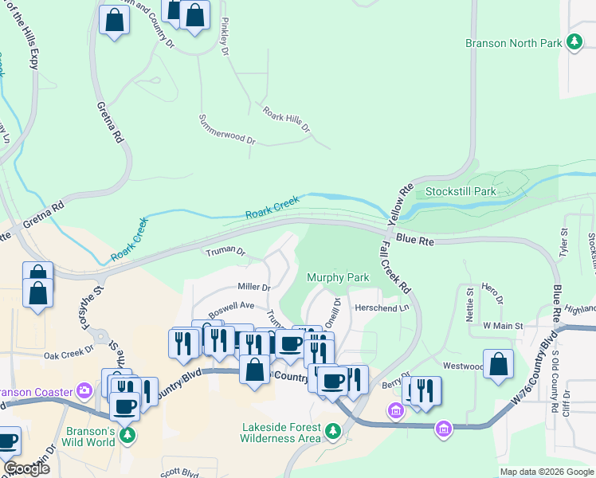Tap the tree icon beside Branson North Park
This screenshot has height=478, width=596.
tap(574, 43)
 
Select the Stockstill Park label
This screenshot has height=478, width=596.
tap(461, 191)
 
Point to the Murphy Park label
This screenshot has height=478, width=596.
tap(339, 277)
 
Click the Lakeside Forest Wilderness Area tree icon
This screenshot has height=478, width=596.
tap(332, 433)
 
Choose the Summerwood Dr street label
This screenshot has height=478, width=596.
tap(226, 139)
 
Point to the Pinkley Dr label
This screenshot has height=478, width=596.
tap(225, 36)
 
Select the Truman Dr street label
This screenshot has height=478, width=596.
tap(225, 252)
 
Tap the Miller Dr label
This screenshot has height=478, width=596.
tap(254, 287)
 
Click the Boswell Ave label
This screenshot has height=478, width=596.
tap(231, 306)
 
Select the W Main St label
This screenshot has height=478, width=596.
tap(503, 326)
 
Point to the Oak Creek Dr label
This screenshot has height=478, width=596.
tap(69, 355)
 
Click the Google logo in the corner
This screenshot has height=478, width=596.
tap(25, 468)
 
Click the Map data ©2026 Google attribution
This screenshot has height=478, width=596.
tap(547, 472)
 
